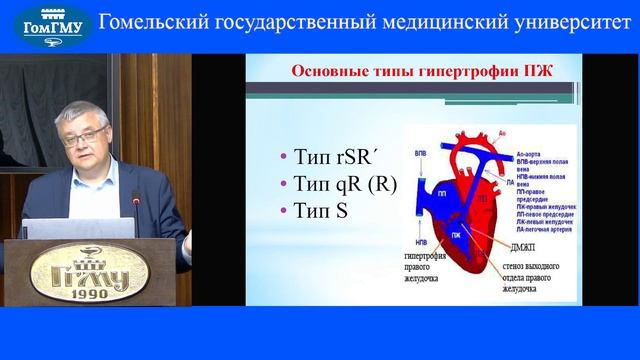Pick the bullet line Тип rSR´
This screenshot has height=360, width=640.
[x=326, y=158]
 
